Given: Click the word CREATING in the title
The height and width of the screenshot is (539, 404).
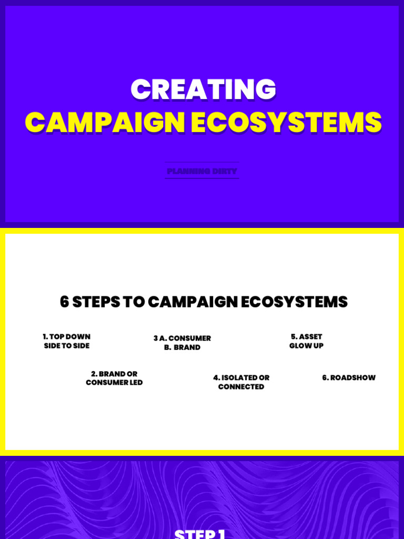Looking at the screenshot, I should tap(203, 89).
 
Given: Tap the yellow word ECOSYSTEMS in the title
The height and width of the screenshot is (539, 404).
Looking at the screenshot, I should tap(286, 123).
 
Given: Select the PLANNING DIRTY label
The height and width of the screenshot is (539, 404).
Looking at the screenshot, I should tap(202, 171).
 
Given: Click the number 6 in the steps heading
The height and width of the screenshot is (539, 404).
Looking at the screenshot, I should tap(64, 302).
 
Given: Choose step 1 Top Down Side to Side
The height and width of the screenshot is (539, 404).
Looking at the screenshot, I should tap(67, 341).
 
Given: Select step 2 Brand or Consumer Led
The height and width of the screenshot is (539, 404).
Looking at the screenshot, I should tap(114, 378).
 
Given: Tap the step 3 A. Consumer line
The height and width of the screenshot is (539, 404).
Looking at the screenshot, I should tap(182, 338).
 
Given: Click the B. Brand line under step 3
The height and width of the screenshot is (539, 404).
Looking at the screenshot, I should tap(182, 347).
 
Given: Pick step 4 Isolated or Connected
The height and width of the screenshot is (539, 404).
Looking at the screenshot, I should tap(241, 382).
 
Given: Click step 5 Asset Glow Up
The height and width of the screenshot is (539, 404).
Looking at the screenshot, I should tap(306, 341).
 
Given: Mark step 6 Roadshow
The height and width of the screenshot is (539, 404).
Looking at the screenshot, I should tap(349, 377).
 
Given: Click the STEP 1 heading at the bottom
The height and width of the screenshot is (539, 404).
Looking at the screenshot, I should tap(200, 534).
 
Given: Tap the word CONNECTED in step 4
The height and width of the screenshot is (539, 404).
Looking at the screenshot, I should tap(241, 387).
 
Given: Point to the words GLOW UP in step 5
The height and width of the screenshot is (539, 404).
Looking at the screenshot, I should tap(306, 346).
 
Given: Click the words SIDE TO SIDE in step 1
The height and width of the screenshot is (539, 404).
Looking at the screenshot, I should tap(67, 346).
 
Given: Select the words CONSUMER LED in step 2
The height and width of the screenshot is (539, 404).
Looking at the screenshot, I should tap(114, 383).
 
